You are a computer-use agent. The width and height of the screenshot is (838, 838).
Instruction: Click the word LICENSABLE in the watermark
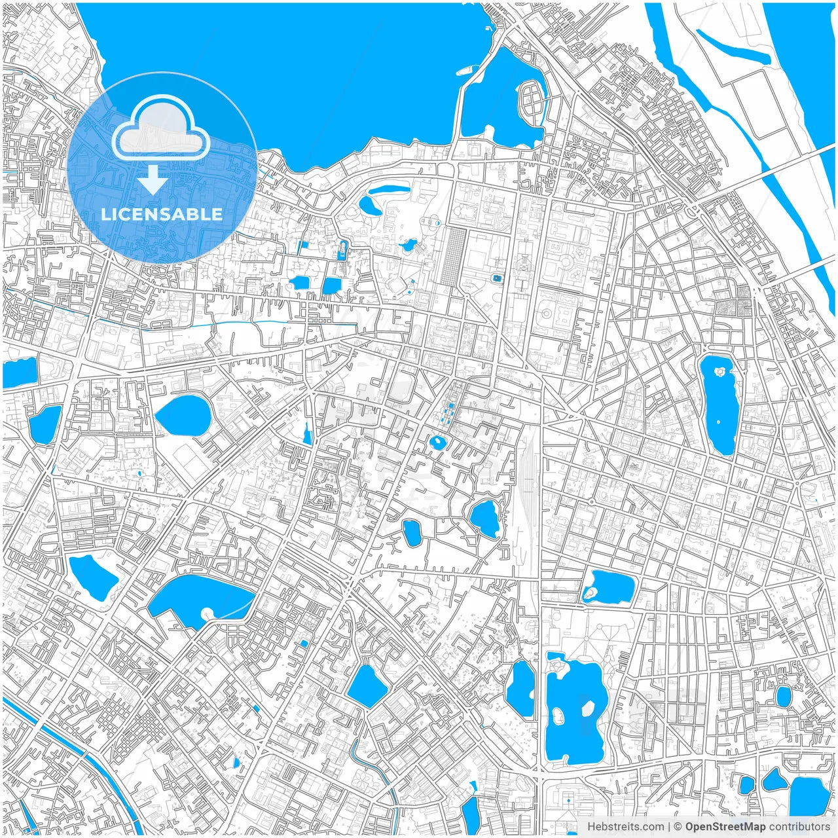pos(162,214)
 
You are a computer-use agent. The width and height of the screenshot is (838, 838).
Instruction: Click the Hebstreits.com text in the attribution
pos(625,827)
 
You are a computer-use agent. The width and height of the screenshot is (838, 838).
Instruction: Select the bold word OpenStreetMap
pos(725,827)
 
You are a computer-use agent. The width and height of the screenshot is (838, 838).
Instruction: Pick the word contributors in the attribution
pos(799,827)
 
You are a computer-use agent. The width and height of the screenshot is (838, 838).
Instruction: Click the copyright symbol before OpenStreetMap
pos(678,827)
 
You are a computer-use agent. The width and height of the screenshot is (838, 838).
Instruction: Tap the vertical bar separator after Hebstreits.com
pos(669,827)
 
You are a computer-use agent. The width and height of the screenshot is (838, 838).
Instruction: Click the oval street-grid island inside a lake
pos(532,101)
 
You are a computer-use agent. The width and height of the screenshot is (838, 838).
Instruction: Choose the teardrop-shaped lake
pos(183,414)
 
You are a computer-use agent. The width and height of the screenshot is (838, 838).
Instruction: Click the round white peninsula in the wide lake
pos(209,613)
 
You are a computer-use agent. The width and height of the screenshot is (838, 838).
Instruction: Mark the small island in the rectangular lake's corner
pos(590,593)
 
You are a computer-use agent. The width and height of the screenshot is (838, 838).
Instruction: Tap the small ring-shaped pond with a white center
pos(437,443)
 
